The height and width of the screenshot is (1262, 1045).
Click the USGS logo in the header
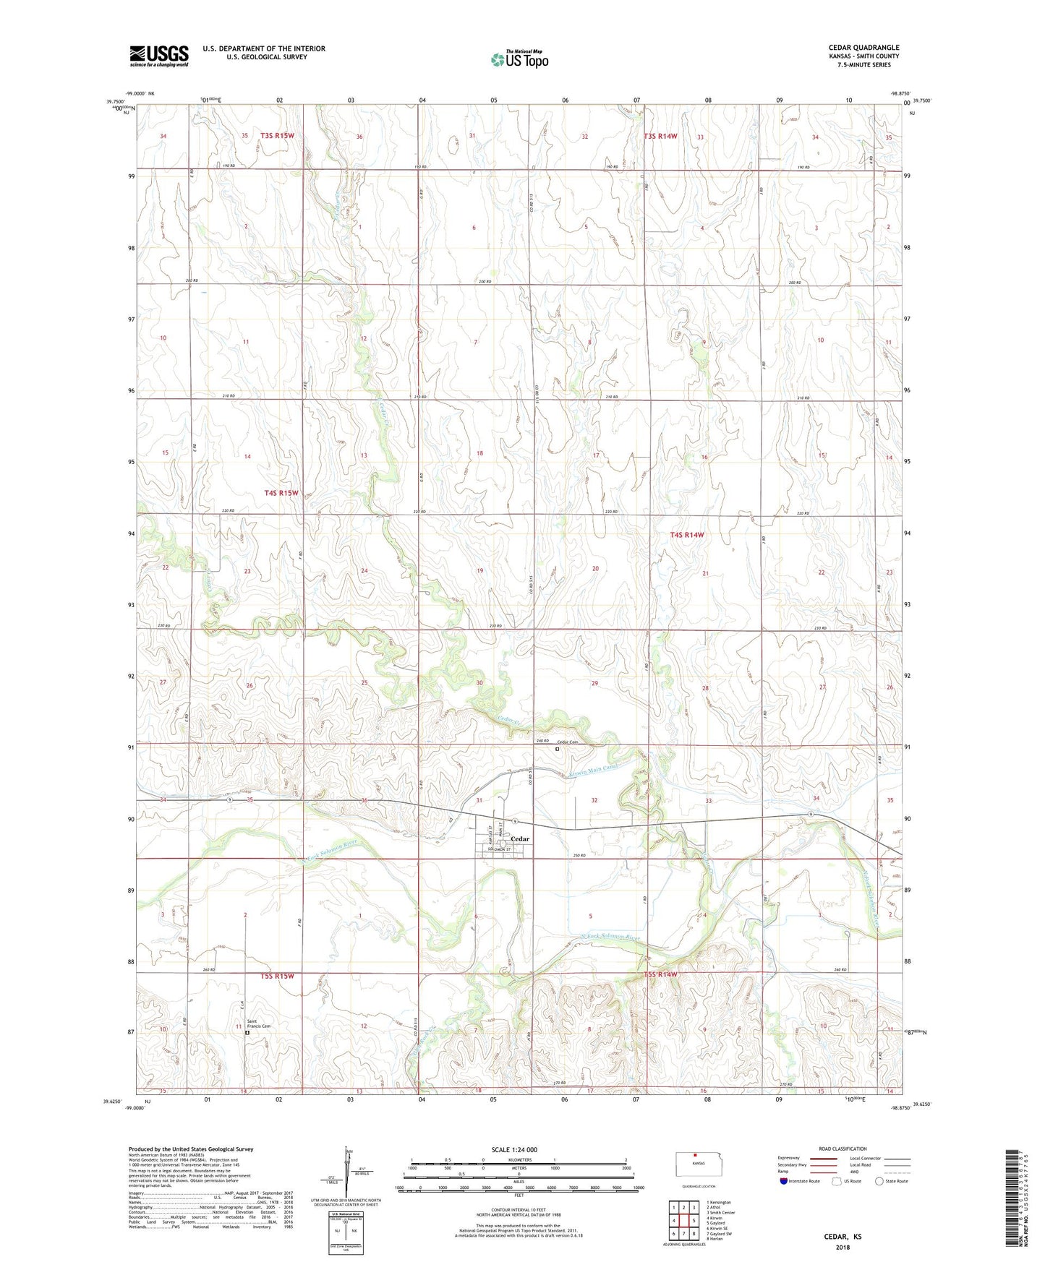coord(158,56)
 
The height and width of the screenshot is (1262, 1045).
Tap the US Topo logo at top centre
coord(519,59)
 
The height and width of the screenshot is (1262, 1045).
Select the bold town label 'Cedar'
coord(520,839)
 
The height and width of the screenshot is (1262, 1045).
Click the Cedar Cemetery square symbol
coord(557,750)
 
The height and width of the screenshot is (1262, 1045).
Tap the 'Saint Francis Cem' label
coord(257,1023)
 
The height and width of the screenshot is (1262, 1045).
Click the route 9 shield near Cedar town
coord(514,822)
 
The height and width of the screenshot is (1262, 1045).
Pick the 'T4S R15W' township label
coord(281,493)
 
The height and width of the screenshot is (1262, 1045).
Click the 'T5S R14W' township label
coord(661,974)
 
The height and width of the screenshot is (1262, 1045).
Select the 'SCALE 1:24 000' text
coord(514,1149)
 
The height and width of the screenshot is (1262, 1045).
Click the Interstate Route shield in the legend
coord(784,1181)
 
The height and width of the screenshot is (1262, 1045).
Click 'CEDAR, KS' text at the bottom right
coord(843,1236)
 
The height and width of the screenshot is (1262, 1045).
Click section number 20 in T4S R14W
coord(595,569)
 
